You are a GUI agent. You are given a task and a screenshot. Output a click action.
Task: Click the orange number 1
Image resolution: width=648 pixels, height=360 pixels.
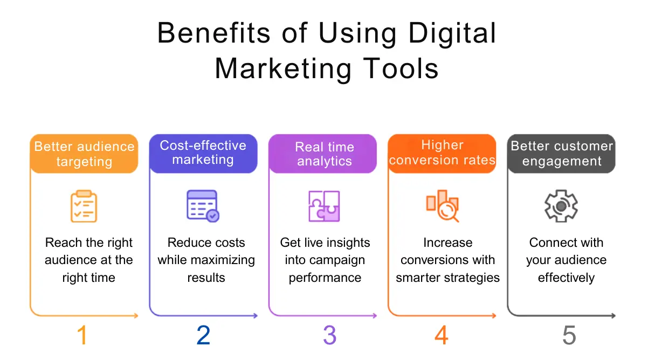pos(82,335)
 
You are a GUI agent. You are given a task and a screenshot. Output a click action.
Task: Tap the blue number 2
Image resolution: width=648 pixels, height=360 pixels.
pos(203,335)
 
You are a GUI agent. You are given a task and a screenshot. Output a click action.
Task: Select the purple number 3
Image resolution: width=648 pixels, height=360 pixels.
pos(329,335)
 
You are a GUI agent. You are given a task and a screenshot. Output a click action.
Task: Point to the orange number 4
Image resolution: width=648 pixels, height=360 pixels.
pos(441,335)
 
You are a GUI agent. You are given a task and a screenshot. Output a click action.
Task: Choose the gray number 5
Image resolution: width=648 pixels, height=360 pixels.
pos(569,335)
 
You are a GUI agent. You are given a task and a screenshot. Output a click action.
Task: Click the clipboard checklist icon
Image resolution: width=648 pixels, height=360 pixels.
pos(84,206)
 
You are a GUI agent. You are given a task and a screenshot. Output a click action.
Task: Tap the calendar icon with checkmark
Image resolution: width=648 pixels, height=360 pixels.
pos(203,205)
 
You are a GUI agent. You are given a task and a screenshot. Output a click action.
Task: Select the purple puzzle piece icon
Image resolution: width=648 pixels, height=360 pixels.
pos(324,206)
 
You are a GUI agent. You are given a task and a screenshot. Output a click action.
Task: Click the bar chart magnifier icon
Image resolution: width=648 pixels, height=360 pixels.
pos(443,206)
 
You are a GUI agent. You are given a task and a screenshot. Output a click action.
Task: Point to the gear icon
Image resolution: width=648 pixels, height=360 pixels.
pos(561,206)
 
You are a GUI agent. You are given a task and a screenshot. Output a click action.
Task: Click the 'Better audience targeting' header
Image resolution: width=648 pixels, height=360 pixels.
pos(84,154)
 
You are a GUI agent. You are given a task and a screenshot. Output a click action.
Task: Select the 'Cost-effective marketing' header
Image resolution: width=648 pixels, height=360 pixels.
pos(203,153)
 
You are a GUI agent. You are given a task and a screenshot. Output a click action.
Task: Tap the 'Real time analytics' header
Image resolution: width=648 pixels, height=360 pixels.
pos(325,154)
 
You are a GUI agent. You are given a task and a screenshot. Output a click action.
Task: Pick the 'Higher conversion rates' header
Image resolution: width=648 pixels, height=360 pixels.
pos(442,153)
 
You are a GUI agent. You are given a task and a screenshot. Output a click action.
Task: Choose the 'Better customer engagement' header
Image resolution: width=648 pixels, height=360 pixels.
pos(562,154)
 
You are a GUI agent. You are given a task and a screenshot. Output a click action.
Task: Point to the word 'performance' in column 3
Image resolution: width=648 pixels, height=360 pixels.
pos(325,278)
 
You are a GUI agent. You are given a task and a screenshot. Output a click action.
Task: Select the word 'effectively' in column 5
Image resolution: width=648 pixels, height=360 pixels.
pos(566,278)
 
